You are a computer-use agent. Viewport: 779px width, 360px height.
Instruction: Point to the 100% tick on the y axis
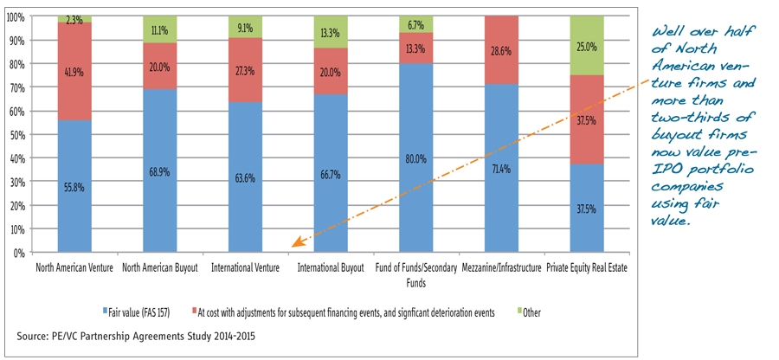[x=16, y=16]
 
